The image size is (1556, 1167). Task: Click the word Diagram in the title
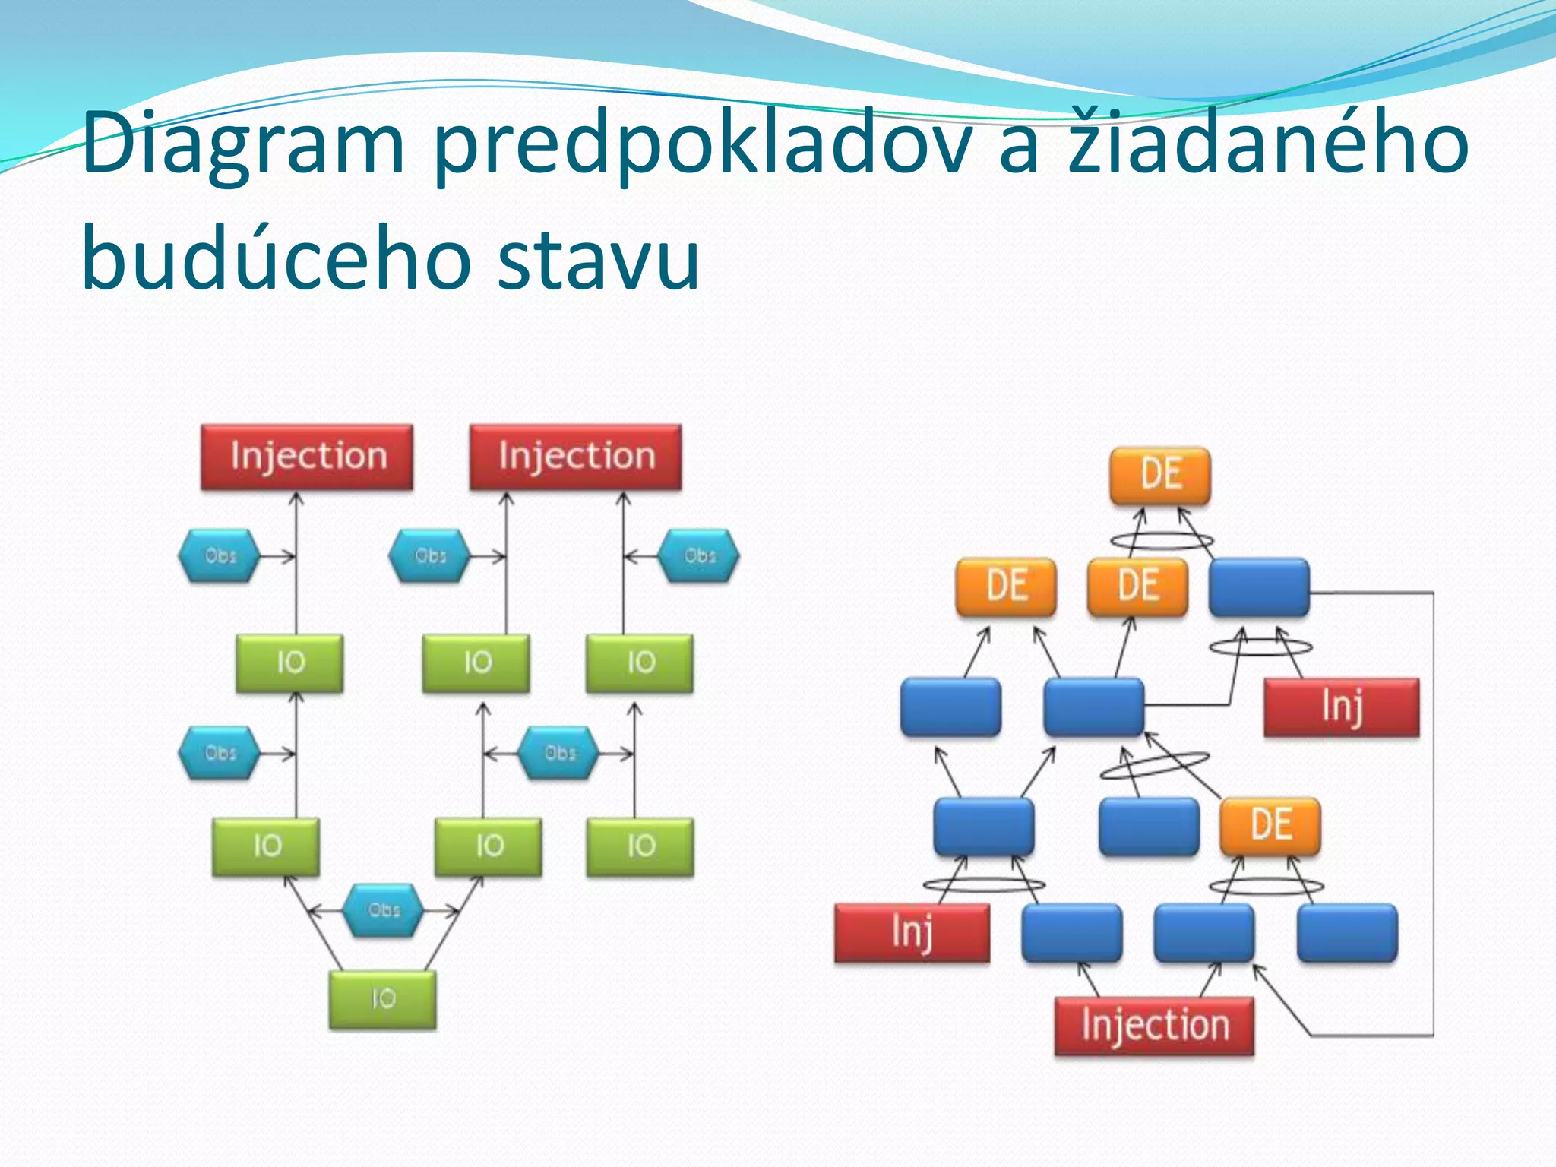(243, 144)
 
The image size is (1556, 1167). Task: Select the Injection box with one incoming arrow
(307, 457)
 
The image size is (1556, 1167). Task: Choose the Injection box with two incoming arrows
(575, 457)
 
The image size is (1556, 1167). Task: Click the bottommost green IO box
(383, 999)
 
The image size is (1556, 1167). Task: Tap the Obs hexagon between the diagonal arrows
(383, 909)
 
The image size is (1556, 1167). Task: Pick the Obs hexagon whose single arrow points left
(699, 556)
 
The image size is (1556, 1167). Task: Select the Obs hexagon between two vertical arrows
(559, 753)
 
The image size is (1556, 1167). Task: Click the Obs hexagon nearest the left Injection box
(220, 556)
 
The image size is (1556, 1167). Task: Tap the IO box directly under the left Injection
(289, 663)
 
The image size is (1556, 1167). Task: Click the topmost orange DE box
(1160, 475)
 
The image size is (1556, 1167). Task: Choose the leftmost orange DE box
(1006, 586)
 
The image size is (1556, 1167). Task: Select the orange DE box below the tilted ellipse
(1270, 825)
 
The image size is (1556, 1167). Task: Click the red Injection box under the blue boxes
(1154, 1026)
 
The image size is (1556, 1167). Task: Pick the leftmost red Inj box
(912, 932)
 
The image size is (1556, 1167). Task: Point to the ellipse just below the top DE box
(1162, 541)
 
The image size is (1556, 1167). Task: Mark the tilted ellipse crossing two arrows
(1155, 766)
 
